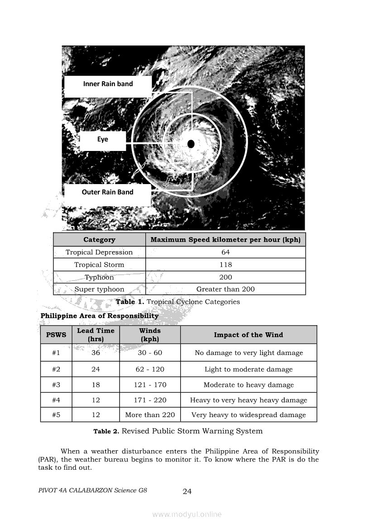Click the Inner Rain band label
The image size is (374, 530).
point(108,84)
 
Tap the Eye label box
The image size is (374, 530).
point(103,140)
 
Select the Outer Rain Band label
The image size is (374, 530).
point(107,192)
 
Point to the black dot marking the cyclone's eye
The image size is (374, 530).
point(191,144)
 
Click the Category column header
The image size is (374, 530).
point(99,240)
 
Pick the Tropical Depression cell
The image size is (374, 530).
point(99,253)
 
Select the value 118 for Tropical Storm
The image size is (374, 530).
point(225,265)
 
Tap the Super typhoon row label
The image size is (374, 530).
point(99,289)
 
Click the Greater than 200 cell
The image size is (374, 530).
point(225,289)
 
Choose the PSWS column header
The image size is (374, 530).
point(56,335)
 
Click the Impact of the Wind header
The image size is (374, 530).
point(248,335)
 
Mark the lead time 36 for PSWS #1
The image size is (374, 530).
point(96,353)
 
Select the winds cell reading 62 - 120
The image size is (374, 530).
point(150,370)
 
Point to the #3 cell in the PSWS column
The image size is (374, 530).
point(56,385)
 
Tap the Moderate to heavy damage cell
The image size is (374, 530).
point(249,385)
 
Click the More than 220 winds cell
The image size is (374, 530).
point(150,415)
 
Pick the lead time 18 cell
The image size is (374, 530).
point(96,385)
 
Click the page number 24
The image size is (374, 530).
point(187,491)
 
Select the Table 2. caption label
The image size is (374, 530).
point(106,432)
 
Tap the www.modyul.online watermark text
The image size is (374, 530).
point(187,515)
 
